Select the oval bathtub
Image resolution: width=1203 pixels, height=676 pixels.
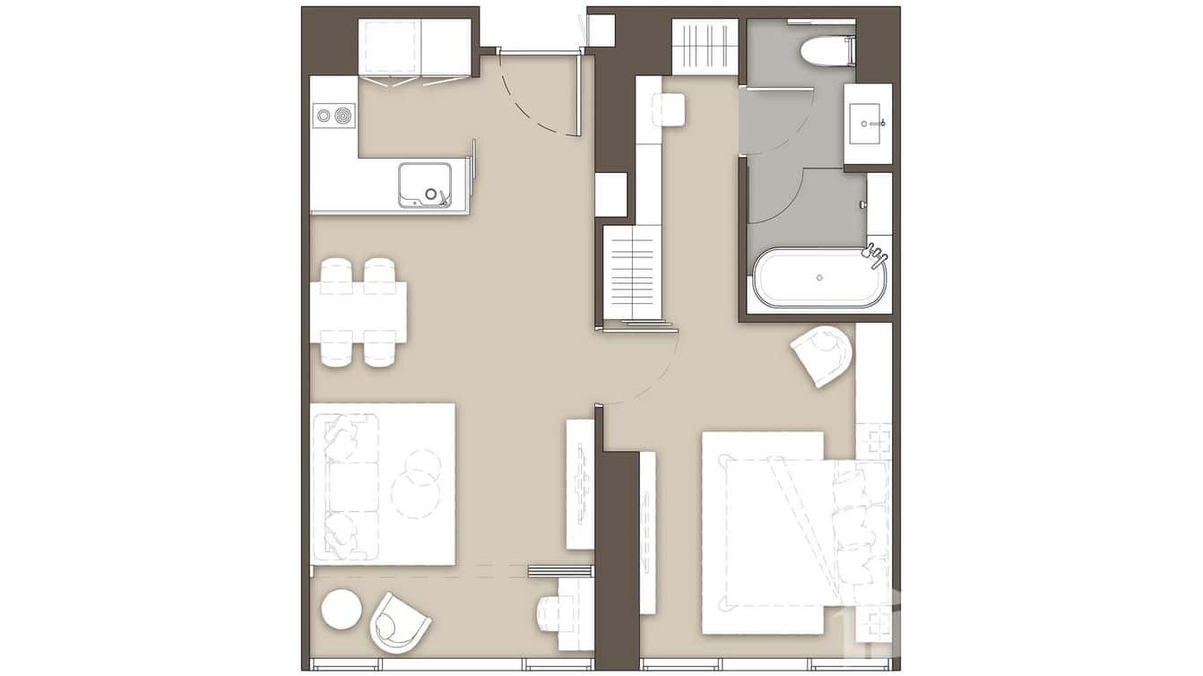[x=819, y=278]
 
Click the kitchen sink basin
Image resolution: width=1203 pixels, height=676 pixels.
[x=425, y=184]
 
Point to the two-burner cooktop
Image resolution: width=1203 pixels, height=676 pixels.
[x=333, y=115]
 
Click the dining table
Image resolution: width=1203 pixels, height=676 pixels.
[x=359, y=312]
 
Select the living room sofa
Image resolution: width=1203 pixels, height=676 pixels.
[x=345, y=487]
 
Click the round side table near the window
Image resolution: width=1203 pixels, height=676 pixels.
[x=342, y=610]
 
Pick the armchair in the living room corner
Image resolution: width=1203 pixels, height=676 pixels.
[x=398, y=620]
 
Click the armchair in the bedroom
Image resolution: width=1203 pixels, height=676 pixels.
[x=823, y=355]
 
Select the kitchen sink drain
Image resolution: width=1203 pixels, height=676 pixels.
[x=431, y=194]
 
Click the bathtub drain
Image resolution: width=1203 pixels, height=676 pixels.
[x=819, y=277]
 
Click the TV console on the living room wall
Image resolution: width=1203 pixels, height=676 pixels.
[x=580, y=484]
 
